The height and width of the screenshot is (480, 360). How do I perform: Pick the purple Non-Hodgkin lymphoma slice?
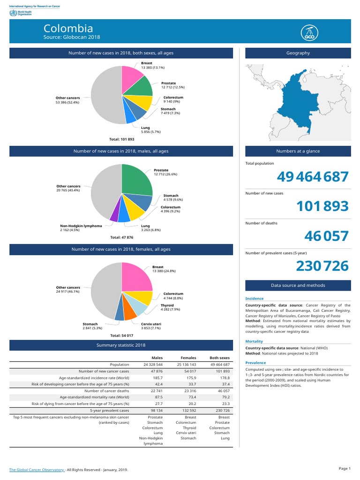(x=114, y=215)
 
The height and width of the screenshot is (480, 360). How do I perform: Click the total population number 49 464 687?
(x=313, y=177)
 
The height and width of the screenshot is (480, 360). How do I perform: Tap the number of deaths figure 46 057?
(x=326, y=236)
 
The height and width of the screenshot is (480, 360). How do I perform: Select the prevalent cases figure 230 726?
(x=322, y=266)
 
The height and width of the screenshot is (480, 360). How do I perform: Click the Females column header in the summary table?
(x=189, y=358)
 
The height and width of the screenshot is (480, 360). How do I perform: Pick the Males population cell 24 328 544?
(x=153, y=364)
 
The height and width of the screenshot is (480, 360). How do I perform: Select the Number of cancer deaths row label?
(x=106, y=390)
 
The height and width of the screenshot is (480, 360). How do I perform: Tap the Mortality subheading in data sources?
(x=254, y=341)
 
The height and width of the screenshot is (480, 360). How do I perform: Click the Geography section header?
(x=298, y=53)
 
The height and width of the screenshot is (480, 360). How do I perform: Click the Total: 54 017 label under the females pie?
(x=121, y=336)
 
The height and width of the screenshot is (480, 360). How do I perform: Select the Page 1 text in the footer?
(x=344, y=468)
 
